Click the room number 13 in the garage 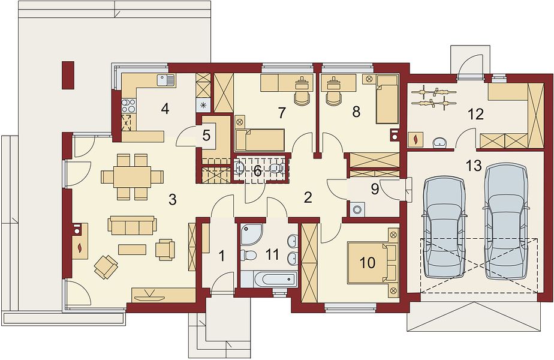click(474, 165)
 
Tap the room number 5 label click(206, 135)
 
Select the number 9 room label click(375, 189)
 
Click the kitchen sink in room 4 click(165, 80)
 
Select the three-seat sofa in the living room click(132, 226)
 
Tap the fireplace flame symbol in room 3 click(80, 246)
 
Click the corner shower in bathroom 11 click(251, 234)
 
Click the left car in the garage click(444, 226)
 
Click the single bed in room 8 click(387, 99)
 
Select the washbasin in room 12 click(439, 142)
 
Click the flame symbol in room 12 click(415, 139)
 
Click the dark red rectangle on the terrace click(68, 75)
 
